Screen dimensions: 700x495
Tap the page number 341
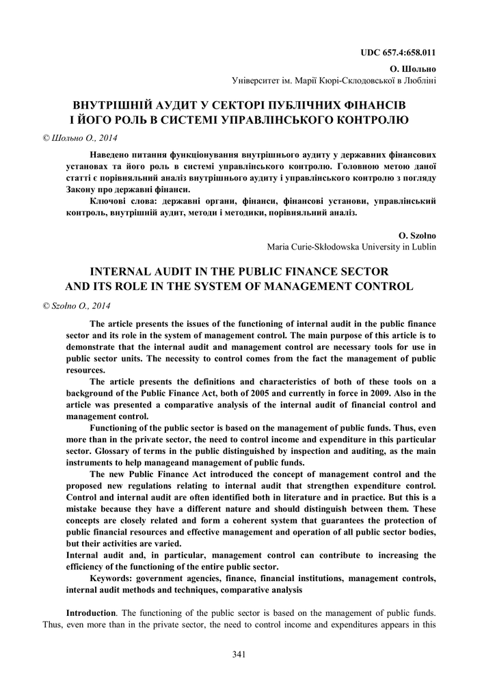point(239,654)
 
